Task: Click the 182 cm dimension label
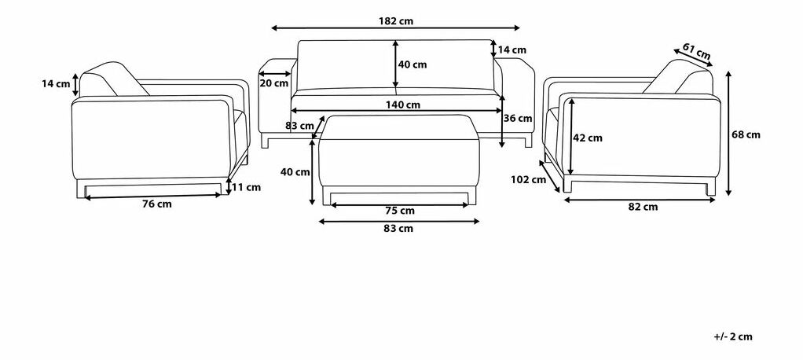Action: coord(396,21)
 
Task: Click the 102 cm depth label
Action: coord(528,180)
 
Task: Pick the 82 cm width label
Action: coord(643,207)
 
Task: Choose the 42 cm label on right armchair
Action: coord(588,138)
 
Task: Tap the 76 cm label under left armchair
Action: coord(156,204)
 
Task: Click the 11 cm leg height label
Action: coord(247,187)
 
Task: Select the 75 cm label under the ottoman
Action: coord(401,211)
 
